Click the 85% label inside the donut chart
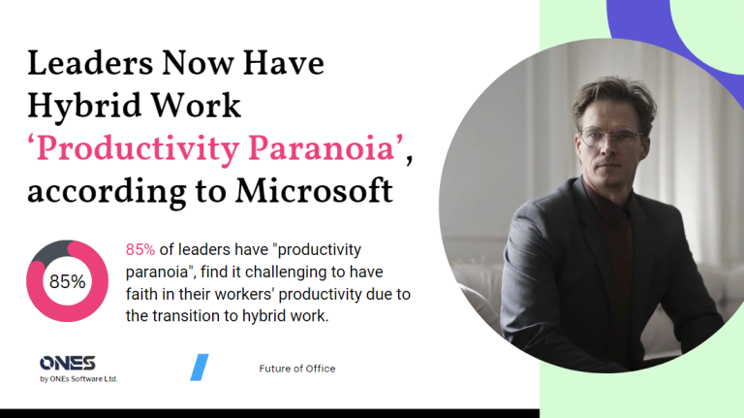[x=67, y=281]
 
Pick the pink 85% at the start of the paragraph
[x=140, y=250]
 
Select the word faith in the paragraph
[x=143, y=295]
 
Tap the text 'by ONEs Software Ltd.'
[x=78, y=378]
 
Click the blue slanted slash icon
[x=199, y=367]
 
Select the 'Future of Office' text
[x=297, y=369]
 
